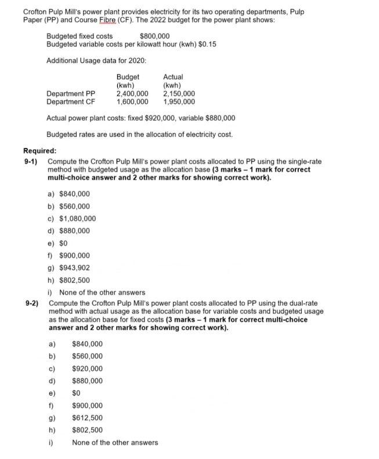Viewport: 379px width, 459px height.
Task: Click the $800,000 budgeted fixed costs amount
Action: click(154, 36)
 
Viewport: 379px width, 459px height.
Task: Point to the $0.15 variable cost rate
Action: click(206, 44)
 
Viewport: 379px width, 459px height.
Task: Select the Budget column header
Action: click(128, 77)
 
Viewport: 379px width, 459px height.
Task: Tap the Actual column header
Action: click(173, 77)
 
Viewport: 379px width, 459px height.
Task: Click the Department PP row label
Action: click(71, 93)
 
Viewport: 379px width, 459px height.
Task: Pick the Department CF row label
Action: click(71, 102)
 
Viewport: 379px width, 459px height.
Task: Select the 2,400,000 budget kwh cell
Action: click(132, 93)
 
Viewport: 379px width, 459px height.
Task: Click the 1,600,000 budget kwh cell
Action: click(132, 102)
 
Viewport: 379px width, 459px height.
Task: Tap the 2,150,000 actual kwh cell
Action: click(179, 93)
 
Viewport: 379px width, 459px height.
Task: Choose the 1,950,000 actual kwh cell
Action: click(179, 102)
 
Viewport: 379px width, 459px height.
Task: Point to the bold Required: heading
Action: click(39, 150)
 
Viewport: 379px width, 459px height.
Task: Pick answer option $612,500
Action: click(87, 418)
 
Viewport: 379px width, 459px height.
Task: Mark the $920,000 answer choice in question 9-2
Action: click(87, 368)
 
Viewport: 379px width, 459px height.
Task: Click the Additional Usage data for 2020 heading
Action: click(96, 61)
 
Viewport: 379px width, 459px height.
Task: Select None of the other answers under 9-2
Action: click(114, 443)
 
